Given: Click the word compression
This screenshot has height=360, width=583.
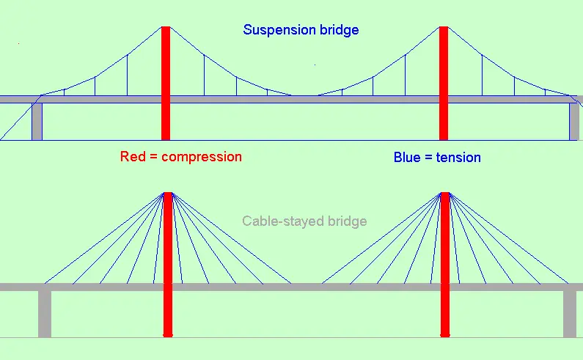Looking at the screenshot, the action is (202, 158).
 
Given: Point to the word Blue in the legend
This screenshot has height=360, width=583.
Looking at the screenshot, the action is (407, 158).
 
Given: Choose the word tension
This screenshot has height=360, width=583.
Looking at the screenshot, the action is (458, 158).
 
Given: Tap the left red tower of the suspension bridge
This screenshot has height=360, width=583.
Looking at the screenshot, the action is (166, 84).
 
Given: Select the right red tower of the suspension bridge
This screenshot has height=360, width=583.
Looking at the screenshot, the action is (444, 84).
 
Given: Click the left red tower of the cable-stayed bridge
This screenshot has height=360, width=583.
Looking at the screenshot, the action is (168, 265).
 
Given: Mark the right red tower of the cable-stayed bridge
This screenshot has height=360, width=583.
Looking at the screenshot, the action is (445, 265).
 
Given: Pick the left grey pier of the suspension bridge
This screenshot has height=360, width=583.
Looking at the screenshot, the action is (37, 122).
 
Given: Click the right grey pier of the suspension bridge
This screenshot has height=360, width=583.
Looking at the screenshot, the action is (574, 122).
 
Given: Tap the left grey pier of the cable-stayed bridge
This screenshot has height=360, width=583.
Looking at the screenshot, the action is (45, 314).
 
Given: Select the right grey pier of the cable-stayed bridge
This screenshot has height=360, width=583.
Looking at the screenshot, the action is (570, 314).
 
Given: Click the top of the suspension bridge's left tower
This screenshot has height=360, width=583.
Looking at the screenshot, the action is (166, 27).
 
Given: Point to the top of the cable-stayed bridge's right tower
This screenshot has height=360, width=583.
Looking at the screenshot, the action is (445, 193).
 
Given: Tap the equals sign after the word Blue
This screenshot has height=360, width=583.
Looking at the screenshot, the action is (428, 158).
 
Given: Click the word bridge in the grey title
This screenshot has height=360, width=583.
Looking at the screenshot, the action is (348, 221).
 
